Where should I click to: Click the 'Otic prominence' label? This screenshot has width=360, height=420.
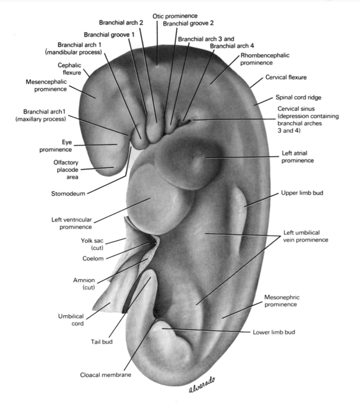point(175,15)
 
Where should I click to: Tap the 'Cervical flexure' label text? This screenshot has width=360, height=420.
point(286,77)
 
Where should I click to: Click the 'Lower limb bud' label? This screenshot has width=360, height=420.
point(274,333)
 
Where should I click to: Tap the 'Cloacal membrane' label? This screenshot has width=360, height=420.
point(106,375)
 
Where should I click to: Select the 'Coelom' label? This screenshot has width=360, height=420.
point(93,257)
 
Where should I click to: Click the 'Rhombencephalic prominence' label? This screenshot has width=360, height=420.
point(265,59)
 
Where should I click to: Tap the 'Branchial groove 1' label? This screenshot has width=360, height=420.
point(109,34)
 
